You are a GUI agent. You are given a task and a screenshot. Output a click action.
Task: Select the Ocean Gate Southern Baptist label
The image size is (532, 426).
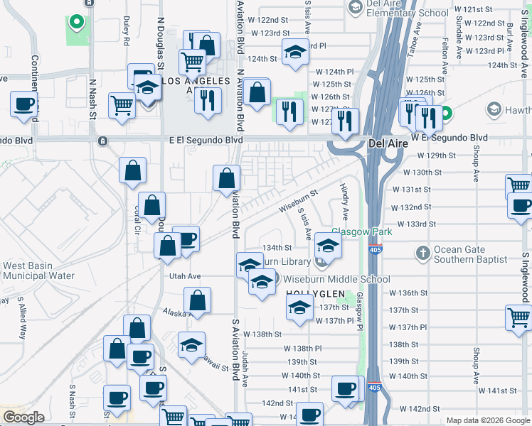point(471,254)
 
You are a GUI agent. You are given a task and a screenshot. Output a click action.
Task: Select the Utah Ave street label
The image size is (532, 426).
point(185,275)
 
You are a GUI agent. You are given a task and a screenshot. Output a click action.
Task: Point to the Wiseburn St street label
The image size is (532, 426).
point(297,201)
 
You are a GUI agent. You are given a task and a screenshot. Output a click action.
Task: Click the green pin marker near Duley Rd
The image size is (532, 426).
point(76,23)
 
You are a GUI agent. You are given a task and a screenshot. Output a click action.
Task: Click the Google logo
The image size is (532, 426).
point(23,417)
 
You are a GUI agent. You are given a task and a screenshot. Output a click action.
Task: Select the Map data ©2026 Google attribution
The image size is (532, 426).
point(487,420)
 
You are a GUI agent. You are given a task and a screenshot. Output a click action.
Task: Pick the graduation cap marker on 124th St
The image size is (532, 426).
point(295,52)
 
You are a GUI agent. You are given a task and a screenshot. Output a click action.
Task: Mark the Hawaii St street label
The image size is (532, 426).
point(213,366)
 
